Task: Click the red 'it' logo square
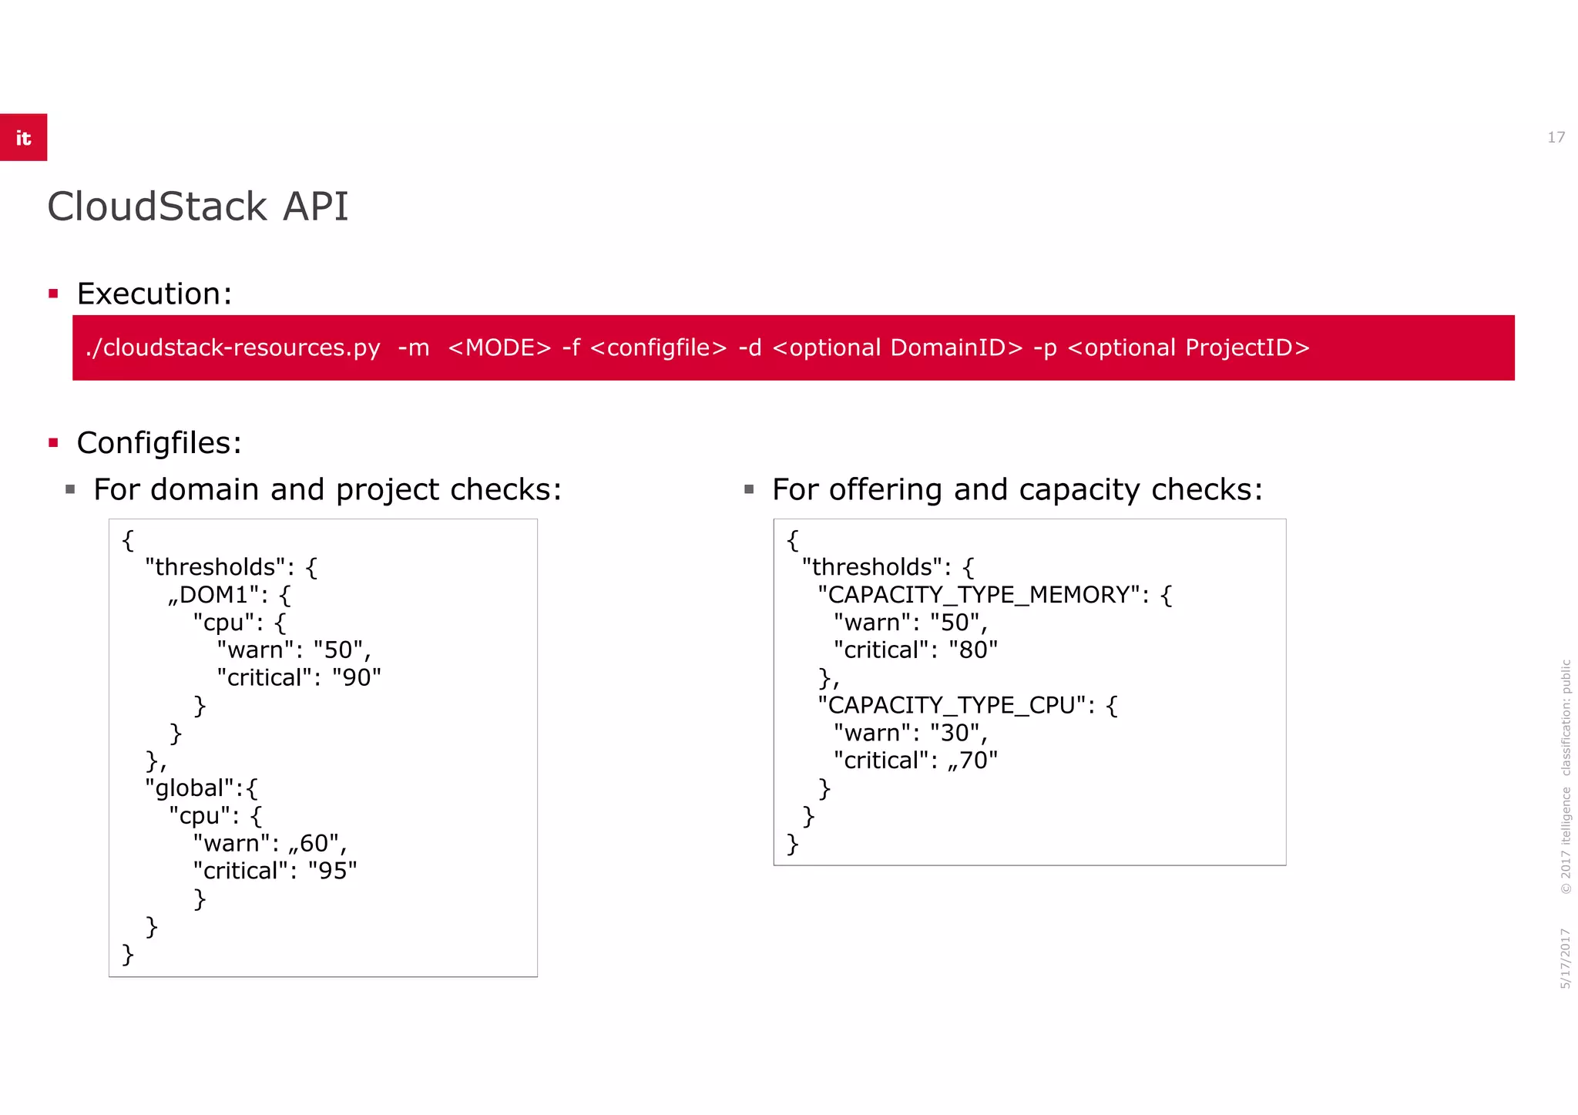click(23, 137)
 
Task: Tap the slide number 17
click(1556, 137)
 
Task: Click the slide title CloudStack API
click(197, 207)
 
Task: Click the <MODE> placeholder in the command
click(499, 348)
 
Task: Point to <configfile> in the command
click(658, 348)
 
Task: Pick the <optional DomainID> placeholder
click(897, 348)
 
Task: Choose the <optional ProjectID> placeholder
click(1188, 348)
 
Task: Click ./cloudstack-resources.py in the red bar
click(233, 348)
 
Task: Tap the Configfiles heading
click(158, 443)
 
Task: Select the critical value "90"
click(356, 677)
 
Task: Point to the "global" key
click(190, 788)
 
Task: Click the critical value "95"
click(332, 871)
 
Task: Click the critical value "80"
click(973, 650)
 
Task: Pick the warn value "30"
click(955, 733)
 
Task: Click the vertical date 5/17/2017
click(1565, 959)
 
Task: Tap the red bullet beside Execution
click(53, 294)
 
